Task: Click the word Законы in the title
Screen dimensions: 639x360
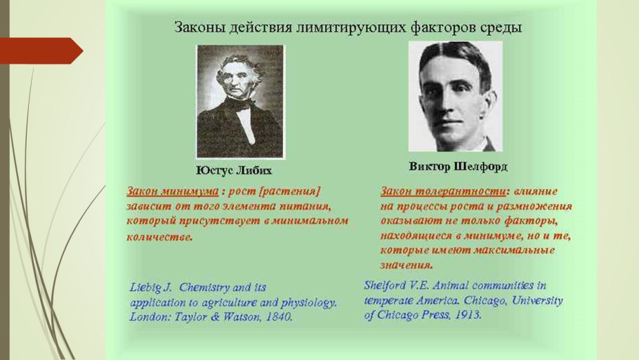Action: point(199,27)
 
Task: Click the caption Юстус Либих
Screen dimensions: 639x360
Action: point(234,171)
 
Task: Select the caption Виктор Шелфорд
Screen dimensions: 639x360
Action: point(458,166)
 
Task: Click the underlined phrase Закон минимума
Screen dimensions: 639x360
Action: point(172,191)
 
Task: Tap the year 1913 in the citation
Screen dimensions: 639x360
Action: point(468,314)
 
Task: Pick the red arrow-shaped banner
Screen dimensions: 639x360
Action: point(41,51)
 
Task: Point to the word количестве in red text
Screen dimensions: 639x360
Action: point(159,237)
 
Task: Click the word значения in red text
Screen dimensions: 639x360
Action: point(407,265)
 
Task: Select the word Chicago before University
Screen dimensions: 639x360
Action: point(486,300)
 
